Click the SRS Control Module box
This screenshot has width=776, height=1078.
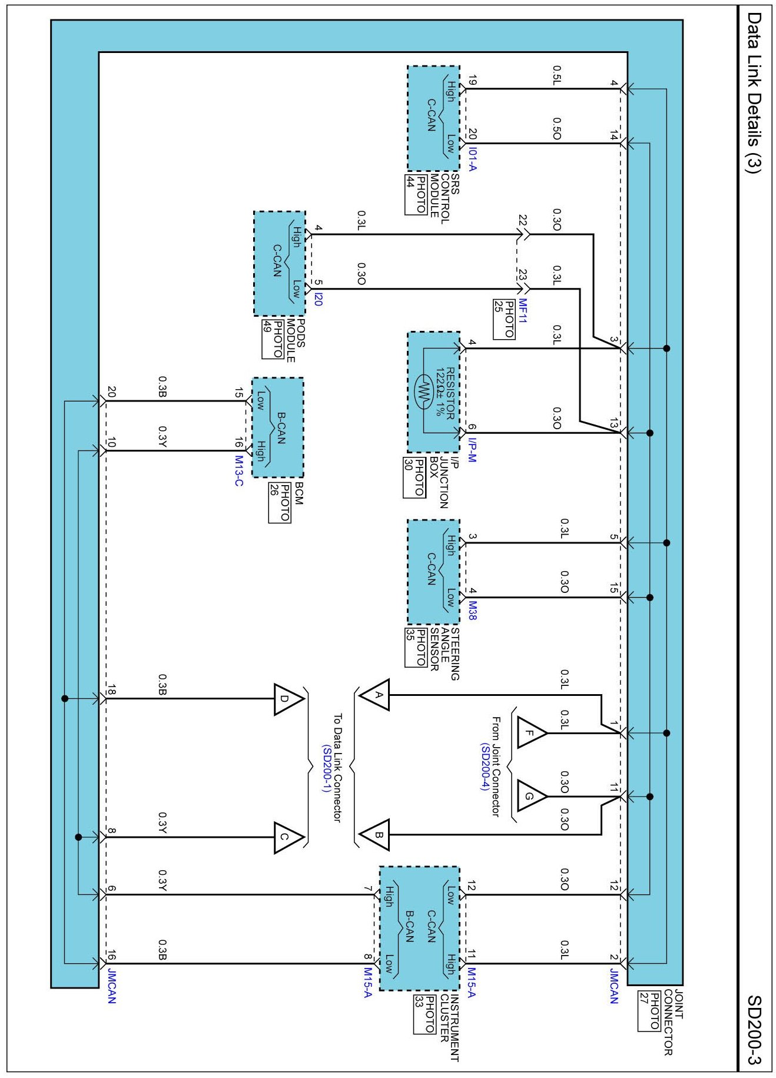(x=433, y=118)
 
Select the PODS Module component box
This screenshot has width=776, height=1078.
(x=280, y=263)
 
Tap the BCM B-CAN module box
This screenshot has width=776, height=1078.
(x=278, y=427)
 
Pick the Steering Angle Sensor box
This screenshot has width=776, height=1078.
(x=433, y=572)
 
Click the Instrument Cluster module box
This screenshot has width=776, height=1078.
(x=419, y=928)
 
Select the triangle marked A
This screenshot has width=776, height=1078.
(x=375, y=695)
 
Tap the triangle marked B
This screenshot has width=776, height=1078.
(x=375, y=834)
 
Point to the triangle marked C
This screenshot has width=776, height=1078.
(x=288, y=837)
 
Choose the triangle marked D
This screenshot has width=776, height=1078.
(x=288, y=699)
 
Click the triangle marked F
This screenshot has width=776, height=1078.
(x=531, y=733)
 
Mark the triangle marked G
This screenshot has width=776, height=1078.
(x=531, y=797)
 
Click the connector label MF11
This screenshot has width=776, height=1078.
(x=523, y=310)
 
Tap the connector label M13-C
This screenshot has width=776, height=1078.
(x=239, y=470)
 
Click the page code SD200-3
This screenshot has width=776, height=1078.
(x=754, y=1030)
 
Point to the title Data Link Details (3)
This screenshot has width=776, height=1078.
(x=754, y=92)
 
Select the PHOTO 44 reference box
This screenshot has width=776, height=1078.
(x=416, y=194)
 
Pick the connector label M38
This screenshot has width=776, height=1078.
(x=472, y=611)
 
